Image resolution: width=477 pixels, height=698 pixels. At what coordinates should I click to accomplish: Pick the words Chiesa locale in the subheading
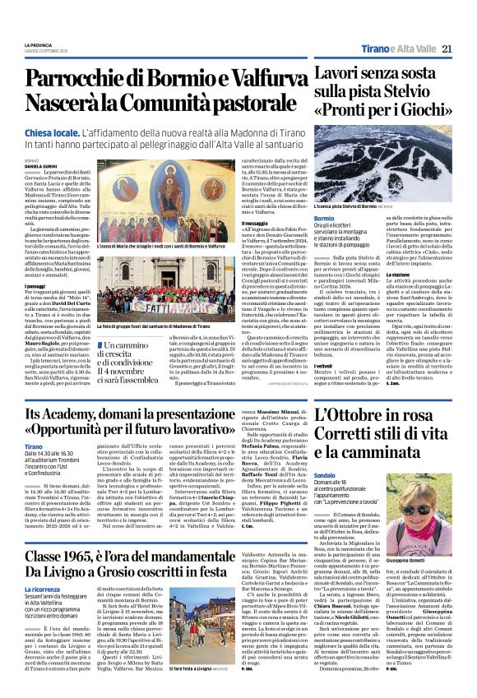click(50, 132)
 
